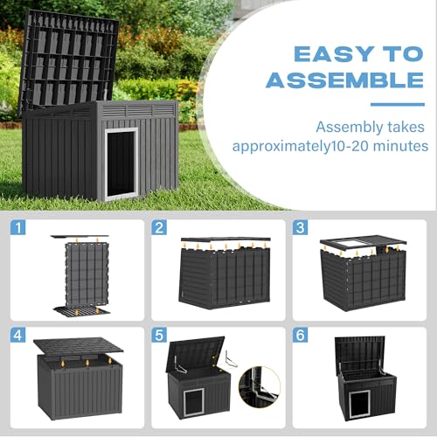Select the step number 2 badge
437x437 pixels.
coord(160,230)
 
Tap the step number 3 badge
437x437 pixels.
coord(300,230)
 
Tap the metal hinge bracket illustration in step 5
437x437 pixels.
coord(231,358)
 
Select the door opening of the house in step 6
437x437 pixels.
coord(357,405)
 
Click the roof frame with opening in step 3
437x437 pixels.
coord(357,245)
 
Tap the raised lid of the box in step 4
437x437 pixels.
coord(79,347)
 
